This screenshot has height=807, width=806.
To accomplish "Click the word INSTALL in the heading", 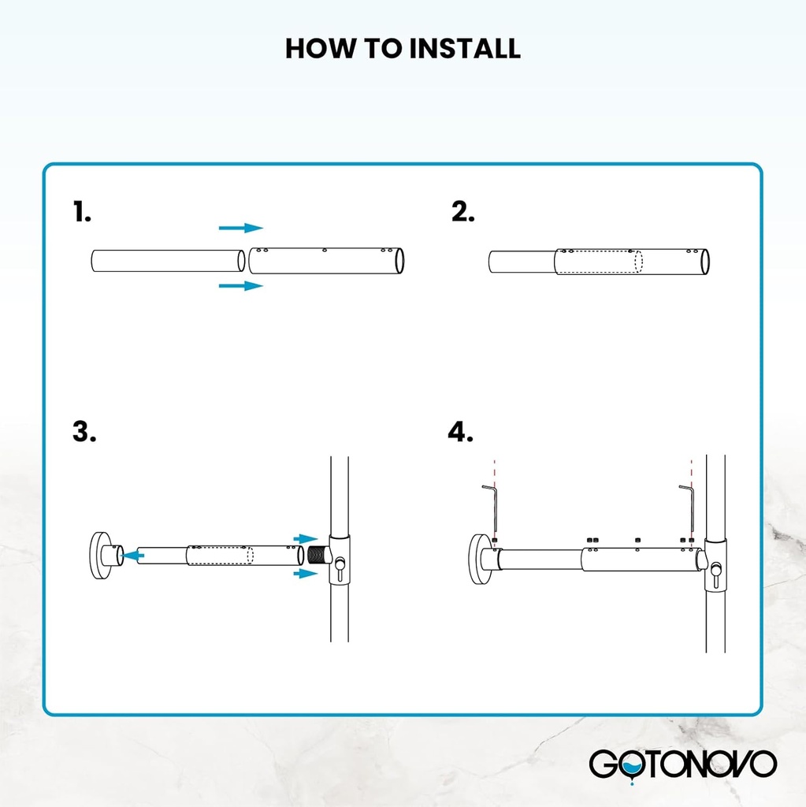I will click(x=464, y=49).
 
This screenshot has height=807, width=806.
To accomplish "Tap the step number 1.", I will click(x=83, y=212).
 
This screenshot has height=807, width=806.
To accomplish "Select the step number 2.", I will click(x=463, y=212).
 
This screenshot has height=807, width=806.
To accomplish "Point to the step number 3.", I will click(x=84, y=432).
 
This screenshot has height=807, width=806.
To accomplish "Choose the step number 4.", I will click(x=461, y=432).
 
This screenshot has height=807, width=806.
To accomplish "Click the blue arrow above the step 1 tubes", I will click(x=240, y=228).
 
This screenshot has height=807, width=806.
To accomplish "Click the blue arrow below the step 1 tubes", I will click(x=240, y=285).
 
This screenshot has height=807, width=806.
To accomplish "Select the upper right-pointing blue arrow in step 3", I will click(x=305, y=539).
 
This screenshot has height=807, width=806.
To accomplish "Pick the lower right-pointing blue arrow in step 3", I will click(x=305, y=575).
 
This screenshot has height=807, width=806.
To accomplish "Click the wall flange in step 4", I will click(x=481, y=559).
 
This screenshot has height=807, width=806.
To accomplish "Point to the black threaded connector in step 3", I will click(x=317, y=555).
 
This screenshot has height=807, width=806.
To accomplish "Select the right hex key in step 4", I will click(x=687, y=508).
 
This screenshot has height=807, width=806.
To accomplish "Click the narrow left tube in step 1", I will click(x=165, y=262).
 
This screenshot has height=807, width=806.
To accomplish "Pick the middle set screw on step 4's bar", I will click(x=637, y=541).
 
